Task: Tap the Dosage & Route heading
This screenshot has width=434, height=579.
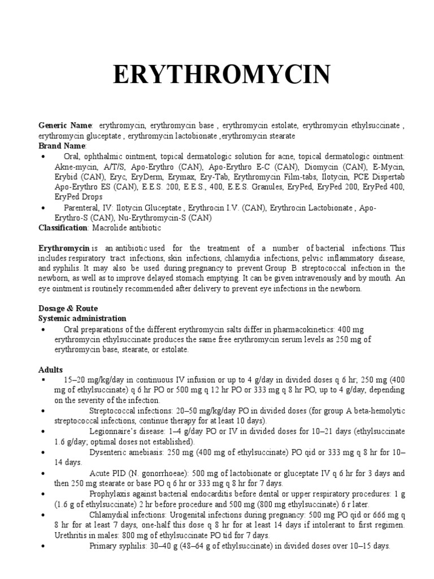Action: click(68, 309)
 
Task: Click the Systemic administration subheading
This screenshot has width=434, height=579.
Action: click(82, 319)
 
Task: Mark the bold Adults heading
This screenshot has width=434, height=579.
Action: click(51, 370)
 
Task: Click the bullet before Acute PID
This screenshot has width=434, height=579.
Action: click(43, 473)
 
